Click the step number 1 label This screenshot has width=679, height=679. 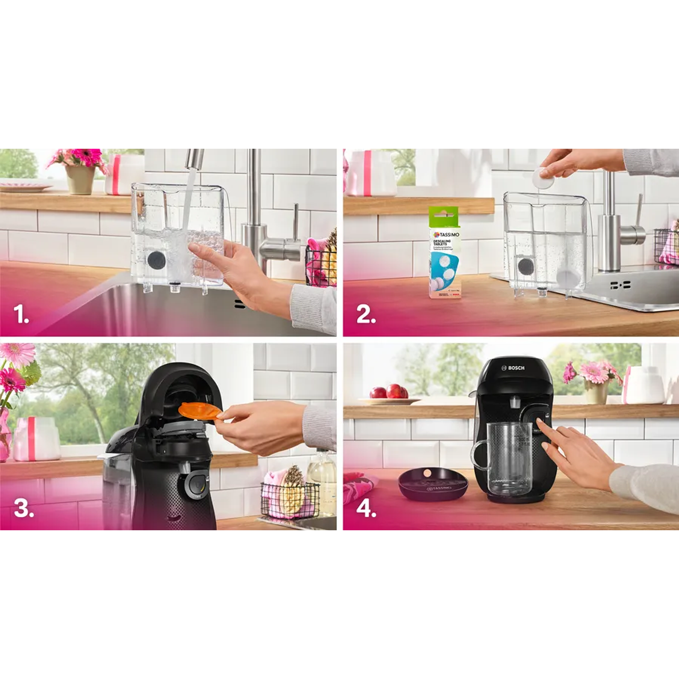(x=21, y=315)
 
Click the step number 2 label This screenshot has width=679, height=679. (x=366, y=315)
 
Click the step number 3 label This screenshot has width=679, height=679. (x=24, y=508)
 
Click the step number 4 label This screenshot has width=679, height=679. (x=366, y=508)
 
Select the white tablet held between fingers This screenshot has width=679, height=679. (x=543, y=178)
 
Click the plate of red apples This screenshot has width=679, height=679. (x=389, y=394)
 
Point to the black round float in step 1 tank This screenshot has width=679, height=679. (x=156, y=260)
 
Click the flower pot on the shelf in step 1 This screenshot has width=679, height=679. (x=80, y=179)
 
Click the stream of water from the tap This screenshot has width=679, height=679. (x=186, y=208)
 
